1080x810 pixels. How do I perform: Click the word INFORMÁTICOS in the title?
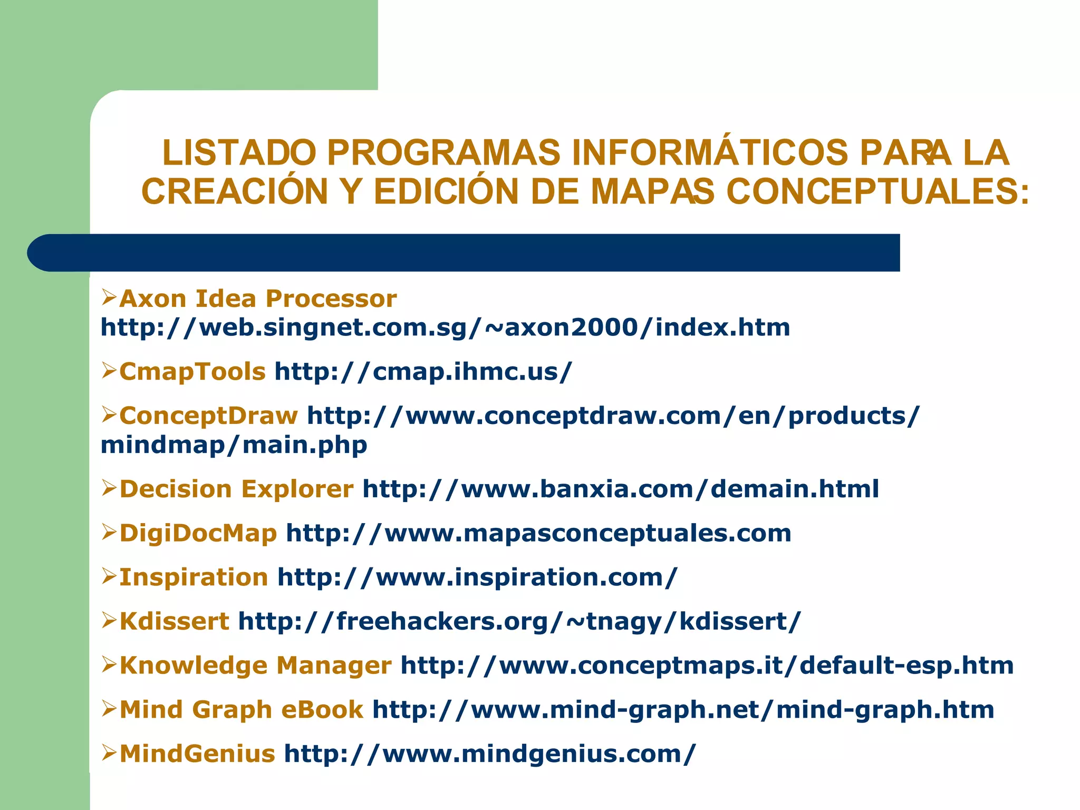coord(709,153)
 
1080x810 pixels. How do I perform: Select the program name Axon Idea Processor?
coord(258,299)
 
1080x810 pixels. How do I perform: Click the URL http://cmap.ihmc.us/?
coord(423,372)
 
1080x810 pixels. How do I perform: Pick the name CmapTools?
coord(192,372)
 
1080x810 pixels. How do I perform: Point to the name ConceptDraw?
coord(209,416)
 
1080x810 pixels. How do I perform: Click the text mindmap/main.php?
coord(234,445)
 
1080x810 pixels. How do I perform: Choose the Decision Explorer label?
coord(236,489)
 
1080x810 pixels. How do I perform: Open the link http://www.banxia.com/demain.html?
coord(621,489)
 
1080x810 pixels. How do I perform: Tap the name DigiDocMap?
coord(198,533)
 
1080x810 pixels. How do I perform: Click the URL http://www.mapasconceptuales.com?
coord(538,533)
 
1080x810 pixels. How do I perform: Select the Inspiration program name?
coord(194,577)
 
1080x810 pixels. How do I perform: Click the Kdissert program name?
coord(175,622)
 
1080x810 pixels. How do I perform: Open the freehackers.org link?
coord(519,622)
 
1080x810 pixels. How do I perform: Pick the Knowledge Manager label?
coord(256,666)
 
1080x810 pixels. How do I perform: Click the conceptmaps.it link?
coord(707,666)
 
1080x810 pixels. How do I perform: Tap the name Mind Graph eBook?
coord(242,710)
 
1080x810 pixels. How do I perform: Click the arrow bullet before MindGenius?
coord(109,753)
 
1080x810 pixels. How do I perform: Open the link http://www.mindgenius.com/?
coord(490,754)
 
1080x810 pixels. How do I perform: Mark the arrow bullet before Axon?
coord(109,298)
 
